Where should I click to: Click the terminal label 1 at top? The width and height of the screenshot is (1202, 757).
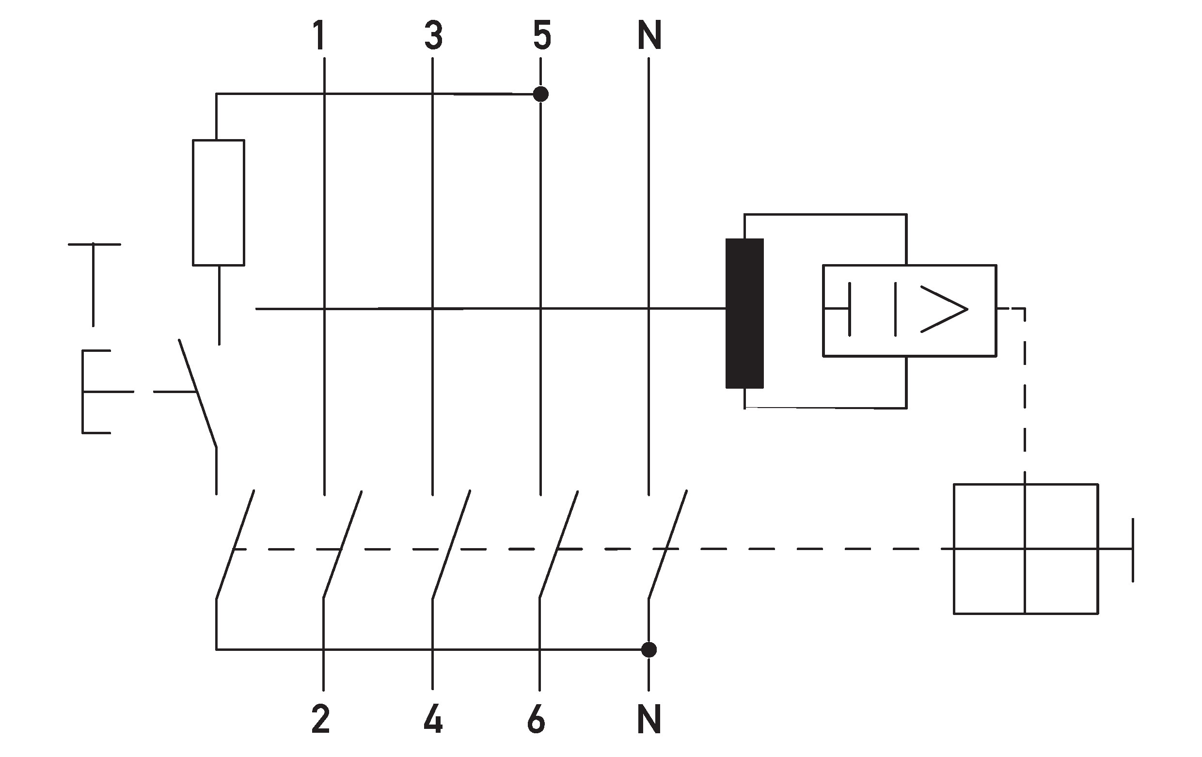[319, 36]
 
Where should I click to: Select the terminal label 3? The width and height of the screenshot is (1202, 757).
[433, 36]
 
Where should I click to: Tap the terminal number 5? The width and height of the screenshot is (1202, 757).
[542, 36]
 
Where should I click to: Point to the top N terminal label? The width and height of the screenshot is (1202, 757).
[649, 36]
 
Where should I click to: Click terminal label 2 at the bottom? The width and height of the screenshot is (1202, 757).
[320, 720]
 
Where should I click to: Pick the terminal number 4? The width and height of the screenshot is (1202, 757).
[433, 720]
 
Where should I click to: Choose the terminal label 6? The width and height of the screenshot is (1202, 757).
[536, 720]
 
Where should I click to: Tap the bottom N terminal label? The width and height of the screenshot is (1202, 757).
[649, 720]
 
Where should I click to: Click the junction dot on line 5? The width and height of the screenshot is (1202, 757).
[540, 94]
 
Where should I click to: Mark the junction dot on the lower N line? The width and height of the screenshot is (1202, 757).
[648, 650]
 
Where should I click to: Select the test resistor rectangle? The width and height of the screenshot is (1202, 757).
[219, 203]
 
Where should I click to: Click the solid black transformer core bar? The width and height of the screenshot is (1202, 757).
[744, 314]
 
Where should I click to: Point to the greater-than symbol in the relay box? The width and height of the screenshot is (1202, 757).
[944, 309]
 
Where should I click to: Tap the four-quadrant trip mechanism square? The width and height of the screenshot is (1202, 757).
[1026, 549]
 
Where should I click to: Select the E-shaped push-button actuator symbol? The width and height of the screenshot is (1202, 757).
[95, 392]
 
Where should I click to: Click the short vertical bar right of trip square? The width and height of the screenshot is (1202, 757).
[1133, 550]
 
